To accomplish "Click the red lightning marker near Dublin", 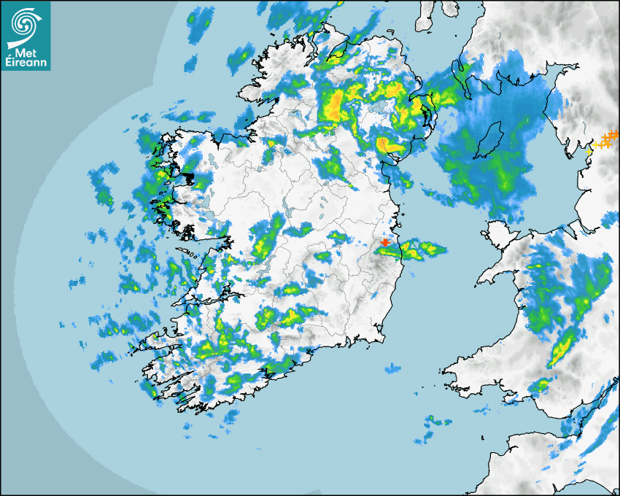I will pyautogui.click(x=385, y=243).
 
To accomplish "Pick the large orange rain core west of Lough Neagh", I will pyautogui.click(x=333, y=106).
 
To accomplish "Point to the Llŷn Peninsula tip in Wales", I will pyautogui.click(x=481, y=280).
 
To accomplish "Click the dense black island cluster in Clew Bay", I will pyautogui.click(x=187, y=177).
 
